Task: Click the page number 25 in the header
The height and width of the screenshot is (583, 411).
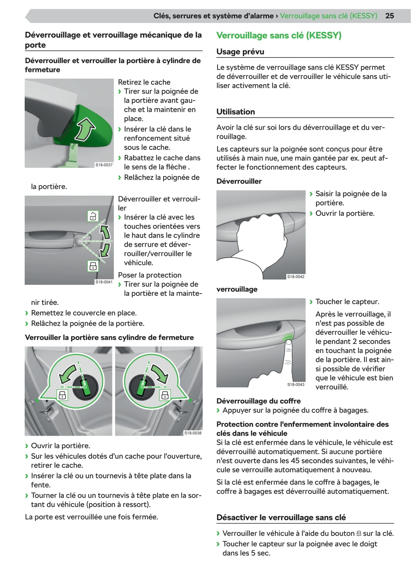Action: point(389,16)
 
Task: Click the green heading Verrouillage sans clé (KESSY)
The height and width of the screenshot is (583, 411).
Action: point(278,36)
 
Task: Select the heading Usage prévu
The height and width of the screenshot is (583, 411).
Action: point(240,52)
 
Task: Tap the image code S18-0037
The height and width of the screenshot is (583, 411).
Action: point(104,165)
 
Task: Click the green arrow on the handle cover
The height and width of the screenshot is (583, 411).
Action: point(85,129)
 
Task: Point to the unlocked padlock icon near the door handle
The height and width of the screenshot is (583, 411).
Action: point(93,216)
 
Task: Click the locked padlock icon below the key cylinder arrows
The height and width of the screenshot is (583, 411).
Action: point(93,266)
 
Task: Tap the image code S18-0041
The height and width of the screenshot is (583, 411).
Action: point(104,282)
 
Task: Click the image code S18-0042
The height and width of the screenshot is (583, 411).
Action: point(295,277)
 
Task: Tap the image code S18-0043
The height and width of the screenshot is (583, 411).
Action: point(295,385)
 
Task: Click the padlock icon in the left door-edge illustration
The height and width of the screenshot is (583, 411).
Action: point(62,395)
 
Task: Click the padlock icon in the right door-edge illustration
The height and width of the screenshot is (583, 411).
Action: point(165,395)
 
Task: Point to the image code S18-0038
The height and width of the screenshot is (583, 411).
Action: point(193,433)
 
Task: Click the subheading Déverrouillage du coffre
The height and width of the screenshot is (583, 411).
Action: point(258,401)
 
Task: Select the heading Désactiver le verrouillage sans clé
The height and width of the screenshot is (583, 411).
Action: point(281,517)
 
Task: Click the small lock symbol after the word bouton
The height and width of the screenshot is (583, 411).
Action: point(359,534)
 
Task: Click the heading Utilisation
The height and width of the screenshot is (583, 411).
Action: point(235,112)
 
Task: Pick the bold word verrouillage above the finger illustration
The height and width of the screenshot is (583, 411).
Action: point(237,289)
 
